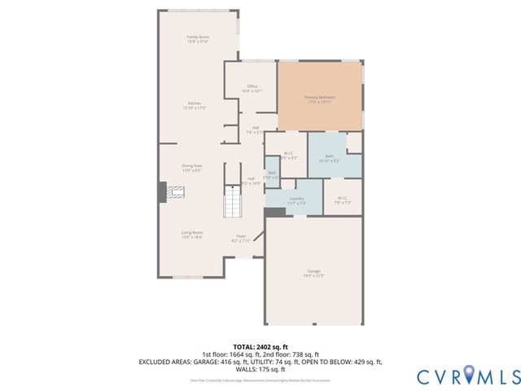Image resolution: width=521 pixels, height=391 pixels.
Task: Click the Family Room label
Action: [199, 39]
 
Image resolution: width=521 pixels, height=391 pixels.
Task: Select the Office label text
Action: [252, 89]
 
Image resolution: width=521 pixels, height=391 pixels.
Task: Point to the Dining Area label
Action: [192, 168]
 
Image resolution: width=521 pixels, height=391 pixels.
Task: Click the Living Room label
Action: [192, 235]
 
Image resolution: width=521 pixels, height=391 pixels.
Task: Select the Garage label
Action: [313, 274]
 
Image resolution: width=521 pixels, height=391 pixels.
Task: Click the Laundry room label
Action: [296, 200]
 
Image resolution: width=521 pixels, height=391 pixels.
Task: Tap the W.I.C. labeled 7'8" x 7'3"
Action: [342, 200]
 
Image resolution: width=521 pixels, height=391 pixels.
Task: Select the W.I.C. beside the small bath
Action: [289, 155]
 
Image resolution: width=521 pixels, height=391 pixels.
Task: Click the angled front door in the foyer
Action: [259, 237]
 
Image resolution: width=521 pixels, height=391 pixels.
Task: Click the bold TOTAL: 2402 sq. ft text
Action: [260, 346]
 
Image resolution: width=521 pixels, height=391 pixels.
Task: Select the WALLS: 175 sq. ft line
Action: [260, 368]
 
